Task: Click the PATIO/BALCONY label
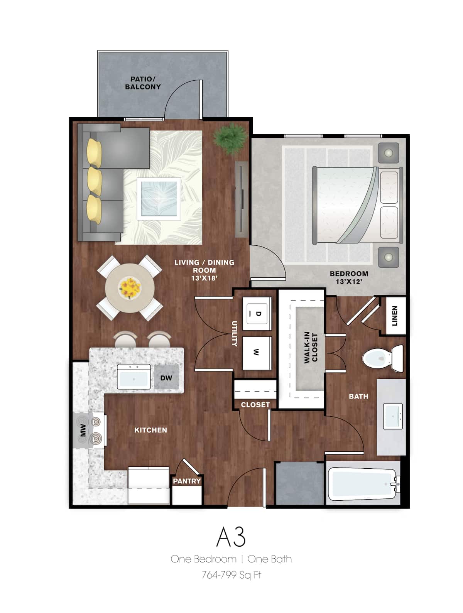click(x=143, y=83)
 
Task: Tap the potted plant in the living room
click(x=231, y=137)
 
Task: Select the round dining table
click(x=130, y=287)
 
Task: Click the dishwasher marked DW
click(x=166, y=378)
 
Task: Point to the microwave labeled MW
click(x=83, y=431)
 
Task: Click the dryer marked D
click(x=257, y=313)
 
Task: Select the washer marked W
click(x=257, y=352)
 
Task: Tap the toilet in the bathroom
click(x=382, y=358)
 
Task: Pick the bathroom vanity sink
click(x=393, y=416)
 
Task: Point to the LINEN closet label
click(x=394, y=316)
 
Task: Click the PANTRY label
click(x=187, y=481)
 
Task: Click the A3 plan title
click(x=231, y=536)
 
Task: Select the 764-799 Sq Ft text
click(x=231, y=575)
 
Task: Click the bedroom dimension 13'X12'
click(x=349, y=282)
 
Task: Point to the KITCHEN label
click(x=150, y=430)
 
